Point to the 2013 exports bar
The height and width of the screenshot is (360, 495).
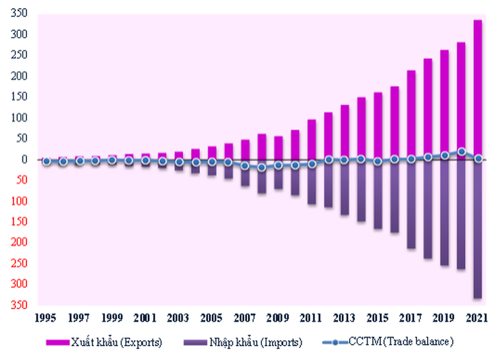(344, 132)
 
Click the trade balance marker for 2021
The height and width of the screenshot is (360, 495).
(478, 159)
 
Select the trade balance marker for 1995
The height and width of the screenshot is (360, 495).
(46, 161)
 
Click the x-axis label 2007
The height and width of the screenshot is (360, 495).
(244, 318)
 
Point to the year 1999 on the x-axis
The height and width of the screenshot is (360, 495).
(112, 318)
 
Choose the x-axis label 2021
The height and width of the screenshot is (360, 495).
(476, 318)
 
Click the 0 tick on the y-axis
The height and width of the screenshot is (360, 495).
(25, 159)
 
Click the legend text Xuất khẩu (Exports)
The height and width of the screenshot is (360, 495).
(115, 342)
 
